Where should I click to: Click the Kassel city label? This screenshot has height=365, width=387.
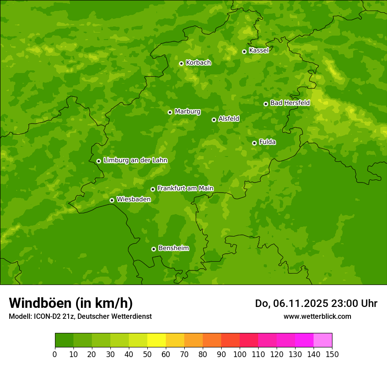(x=259, y=51)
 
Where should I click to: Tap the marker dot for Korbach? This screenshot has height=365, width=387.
(x=181, y=63)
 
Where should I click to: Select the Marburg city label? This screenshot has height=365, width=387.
(x=187, y=112)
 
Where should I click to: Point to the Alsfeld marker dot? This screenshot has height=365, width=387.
(x=214, y=120)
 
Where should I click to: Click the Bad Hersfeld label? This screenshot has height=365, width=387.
(x=290, y=103)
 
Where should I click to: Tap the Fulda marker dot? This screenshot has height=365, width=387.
(x=254, y=143)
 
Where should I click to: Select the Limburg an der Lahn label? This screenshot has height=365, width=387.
(x=135, y=161)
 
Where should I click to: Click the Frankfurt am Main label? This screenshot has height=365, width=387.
(x=185, y=188)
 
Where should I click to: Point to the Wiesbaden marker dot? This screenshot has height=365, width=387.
(x=112, y=200)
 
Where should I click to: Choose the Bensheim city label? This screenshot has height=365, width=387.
(x=173, y=248)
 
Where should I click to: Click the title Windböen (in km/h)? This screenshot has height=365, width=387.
(x=71, y=303)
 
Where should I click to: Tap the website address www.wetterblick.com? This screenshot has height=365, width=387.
(x=317, y=316)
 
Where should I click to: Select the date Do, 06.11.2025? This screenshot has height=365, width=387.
(x=292, y=303)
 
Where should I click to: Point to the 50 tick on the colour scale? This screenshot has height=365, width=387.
(x=147, y=354)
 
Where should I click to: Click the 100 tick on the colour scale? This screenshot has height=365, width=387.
(x=240, y=354)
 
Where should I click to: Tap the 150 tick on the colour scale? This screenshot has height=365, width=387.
(x=332, y=354)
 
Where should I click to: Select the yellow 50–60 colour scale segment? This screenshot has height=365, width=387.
(x=157, y=340)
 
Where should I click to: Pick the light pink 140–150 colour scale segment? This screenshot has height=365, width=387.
(x=323, y=340)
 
